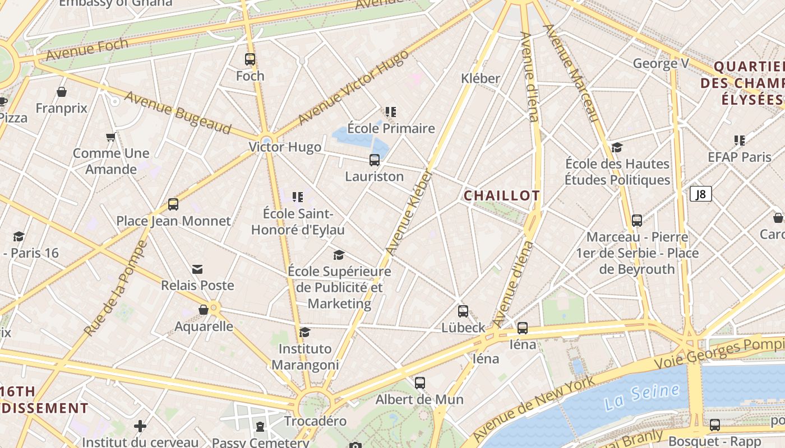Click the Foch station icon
click(x=250, y=59)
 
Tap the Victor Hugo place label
click(x=285, y=147)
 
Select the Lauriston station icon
click(x=375, y=160)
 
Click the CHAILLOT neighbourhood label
click(x=502, y=195)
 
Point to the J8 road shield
click(x=701, y=194)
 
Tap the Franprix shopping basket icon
click(x=62, y=91)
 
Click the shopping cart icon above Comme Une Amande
click(x=111, y=137)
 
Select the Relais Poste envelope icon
click(x=197, y=269)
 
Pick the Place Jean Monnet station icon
click(x=173, y=204)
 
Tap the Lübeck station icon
click(x=463, y=311)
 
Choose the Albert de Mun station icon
click(x=420, y=383)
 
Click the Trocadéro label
click(x=315, y=421)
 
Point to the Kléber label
click(x=480, y=78)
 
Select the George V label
click(x=661, y=63)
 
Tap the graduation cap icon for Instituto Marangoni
click(x=304, y=333)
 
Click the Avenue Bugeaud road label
click(x=177, y=113)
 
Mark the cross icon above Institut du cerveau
click(x=140, y=427)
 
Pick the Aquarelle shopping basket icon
click(x=204, y=310)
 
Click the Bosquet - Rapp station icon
click(x=715, y=424)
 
